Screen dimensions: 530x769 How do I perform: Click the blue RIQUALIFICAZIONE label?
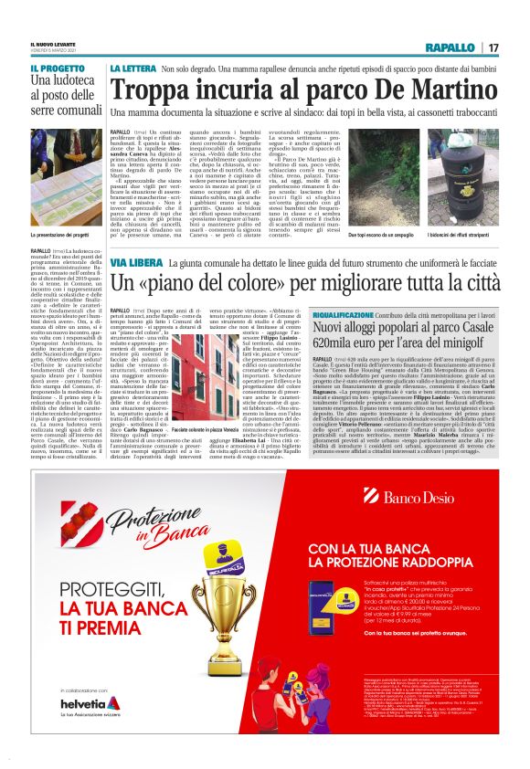(347, 313)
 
